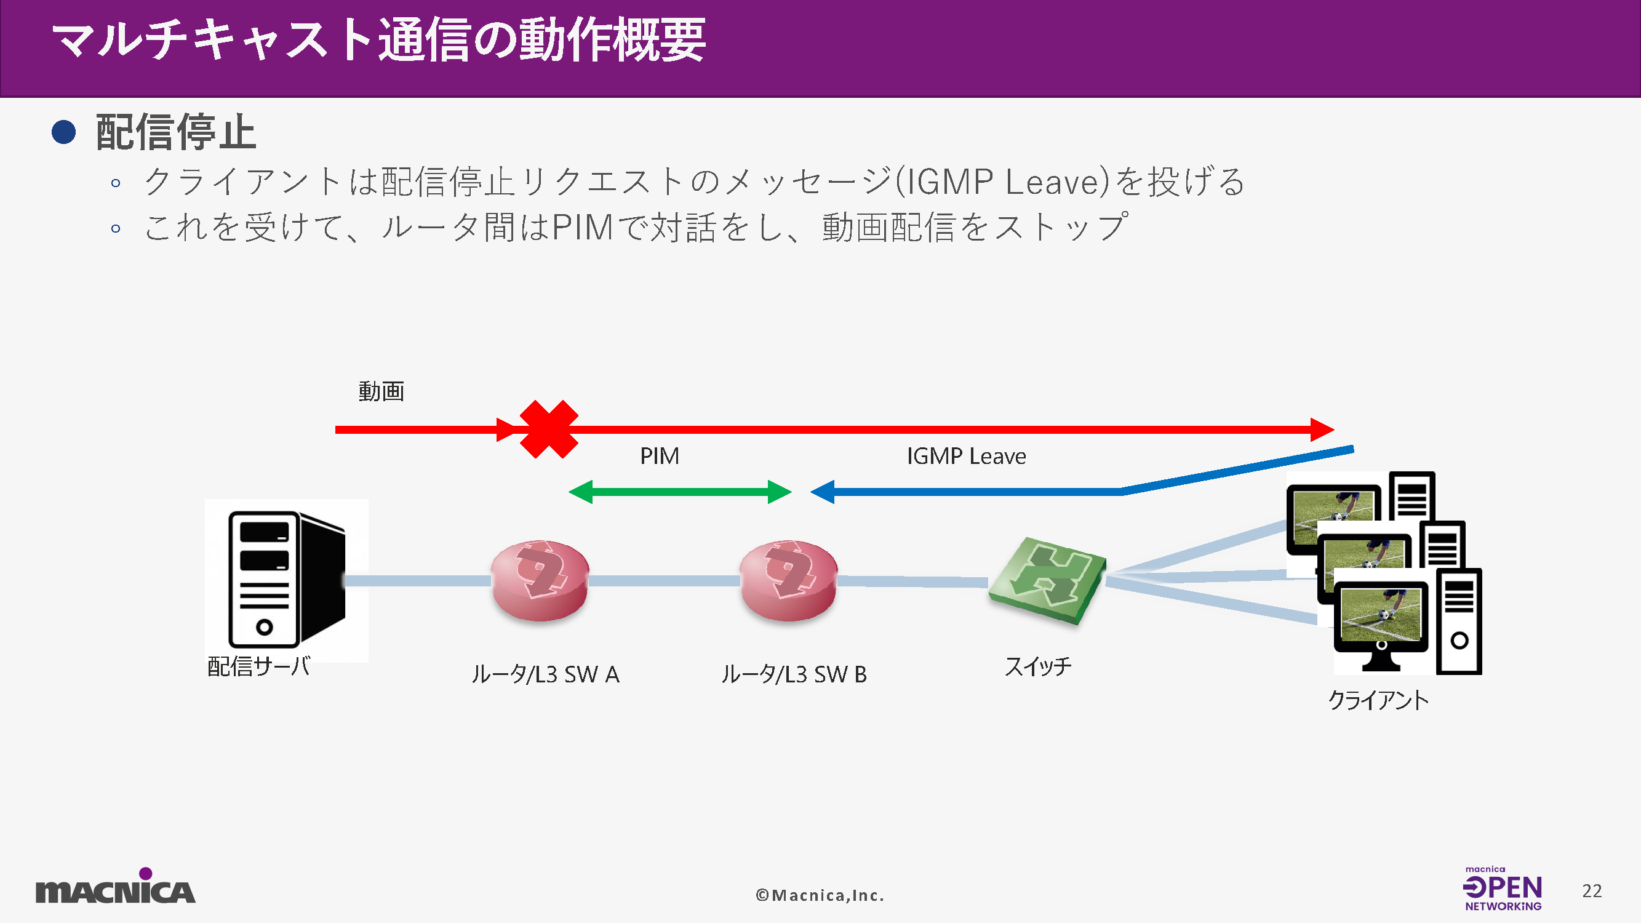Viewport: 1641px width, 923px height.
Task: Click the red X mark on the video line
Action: [548, 430]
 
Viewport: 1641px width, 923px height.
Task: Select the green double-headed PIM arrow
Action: [680, 492]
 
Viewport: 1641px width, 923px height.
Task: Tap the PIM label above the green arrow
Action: [660, 456]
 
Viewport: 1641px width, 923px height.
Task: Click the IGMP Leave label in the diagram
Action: [966, 456]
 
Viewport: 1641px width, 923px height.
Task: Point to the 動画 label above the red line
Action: [381, 391]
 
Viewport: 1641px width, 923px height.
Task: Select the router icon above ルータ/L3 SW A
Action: [540, 580]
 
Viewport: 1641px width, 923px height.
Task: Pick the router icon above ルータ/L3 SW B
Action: [789, 580]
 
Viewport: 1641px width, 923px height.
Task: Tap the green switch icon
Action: [1047, 580]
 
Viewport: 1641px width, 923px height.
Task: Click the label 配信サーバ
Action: [258, 666]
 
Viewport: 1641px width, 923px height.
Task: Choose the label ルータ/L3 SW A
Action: [545, 674]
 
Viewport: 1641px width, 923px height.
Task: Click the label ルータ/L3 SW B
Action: [794, 674]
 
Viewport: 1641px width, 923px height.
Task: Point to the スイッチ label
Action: [1038, 666]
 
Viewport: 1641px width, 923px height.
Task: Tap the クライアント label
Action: [1378, 700]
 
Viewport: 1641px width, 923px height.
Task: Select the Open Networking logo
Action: [1502, 889]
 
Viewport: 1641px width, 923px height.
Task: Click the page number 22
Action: [1591, 890]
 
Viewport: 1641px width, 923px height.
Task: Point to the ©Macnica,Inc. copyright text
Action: [820, 895]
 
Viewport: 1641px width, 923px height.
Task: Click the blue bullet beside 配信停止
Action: [64, 132]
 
